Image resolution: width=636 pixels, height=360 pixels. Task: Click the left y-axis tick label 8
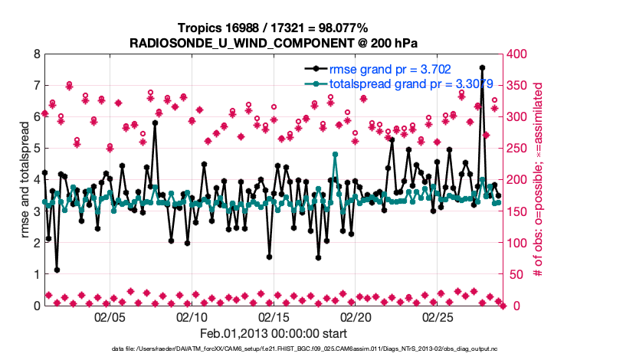(x=36, y=54)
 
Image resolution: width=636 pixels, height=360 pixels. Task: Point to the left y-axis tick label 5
(x=36, y=149)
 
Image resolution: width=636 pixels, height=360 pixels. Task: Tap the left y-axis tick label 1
(x=36, y=274)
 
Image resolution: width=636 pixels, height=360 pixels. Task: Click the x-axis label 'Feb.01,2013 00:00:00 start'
(x=274, y=333)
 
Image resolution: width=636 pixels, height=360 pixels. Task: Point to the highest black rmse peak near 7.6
(x=482, y=67)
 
